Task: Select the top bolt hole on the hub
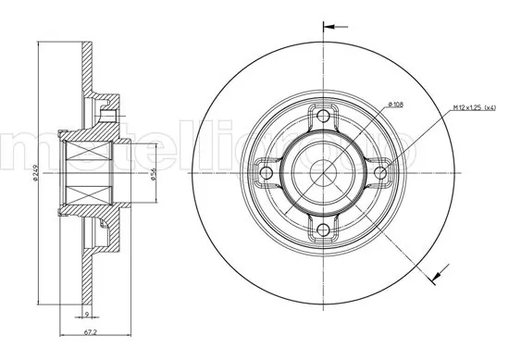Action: click(x=323, y=117)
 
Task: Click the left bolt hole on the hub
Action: click(x=267, y=173)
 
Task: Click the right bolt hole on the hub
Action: click(x=379, y=173)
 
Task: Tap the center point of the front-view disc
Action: click(x=323, y=173)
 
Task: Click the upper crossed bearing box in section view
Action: click(x=89, y=149)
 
